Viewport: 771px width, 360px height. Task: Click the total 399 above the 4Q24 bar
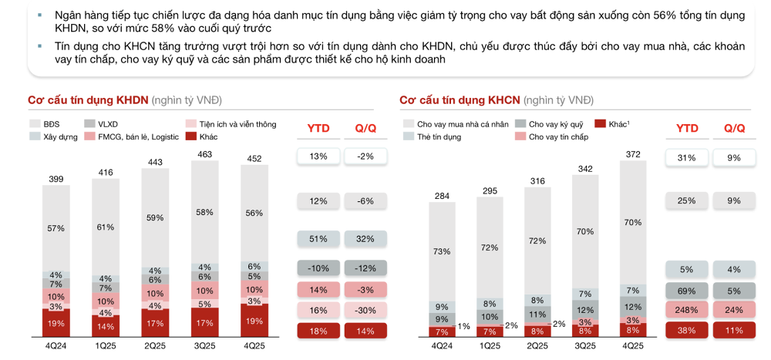pos(56,179)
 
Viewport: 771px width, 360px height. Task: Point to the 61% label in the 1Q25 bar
pos(106,227)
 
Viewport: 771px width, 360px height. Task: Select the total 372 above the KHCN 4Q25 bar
pos(633,155)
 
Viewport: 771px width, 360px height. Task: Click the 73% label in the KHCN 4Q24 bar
pos(442,251)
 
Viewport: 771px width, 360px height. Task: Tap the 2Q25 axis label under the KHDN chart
pos(156,346)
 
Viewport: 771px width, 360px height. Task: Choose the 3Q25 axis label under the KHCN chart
pos(585,346)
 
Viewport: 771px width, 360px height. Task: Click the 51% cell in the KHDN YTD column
pos(318,239)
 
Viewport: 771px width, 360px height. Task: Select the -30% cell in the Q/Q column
pos(365,311)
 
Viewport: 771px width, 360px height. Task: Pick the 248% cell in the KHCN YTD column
pos(687,311)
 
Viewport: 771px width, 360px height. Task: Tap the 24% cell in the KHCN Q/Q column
pos(733,311)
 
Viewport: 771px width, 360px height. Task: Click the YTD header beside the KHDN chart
pos(318,128)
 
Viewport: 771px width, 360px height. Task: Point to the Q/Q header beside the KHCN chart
pos(733,128)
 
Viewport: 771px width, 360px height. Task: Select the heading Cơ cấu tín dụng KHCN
pos(460,100)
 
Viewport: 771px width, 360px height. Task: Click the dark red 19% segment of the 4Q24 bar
pos(56,324)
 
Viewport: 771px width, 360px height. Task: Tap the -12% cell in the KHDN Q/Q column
pos(365,269)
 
